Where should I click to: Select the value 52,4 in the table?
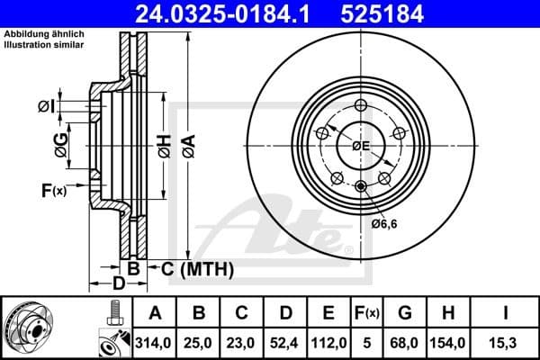(285, 342)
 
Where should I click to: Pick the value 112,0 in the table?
(328, 342)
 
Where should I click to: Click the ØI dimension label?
(46, 107)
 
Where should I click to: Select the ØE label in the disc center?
(361, 146)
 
